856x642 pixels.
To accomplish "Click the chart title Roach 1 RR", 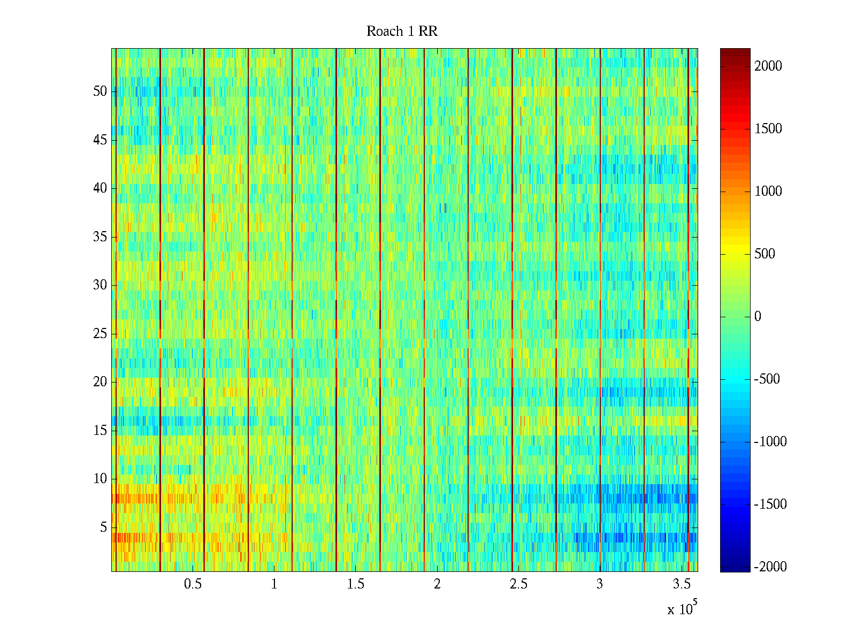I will pyautogui.click(x=402, y=32).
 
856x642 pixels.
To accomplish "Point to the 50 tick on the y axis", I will pyautogui.click(x=100, y=91).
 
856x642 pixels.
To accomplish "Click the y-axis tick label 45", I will pyautogui.click(x=100, y=140).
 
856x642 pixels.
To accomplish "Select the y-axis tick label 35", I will pyautogui.click(x=100, y=237).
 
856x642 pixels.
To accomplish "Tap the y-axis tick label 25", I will pyautogui.click(x=100, y=334).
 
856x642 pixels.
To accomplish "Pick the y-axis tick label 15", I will pyautogui.click(x=100, y=431).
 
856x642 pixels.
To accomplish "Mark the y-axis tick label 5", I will pyautogui.click(x=103, y=528).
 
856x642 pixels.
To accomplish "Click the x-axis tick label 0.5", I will pyautogui.click(x=193, y=584).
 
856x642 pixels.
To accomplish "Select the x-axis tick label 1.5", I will pyautogui.click(x=355, y=584).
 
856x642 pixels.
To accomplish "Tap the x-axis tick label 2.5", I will pyautogui.click(x=518, y=584).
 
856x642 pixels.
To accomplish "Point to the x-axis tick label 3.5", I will pyautogui.click(x=681, y=584).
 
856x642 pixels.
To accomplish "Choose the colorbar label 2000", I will pyautogui.click(x=768, y=66).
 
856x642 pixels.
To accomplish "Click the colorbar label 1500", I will pyautogui.click(x=768, y=129).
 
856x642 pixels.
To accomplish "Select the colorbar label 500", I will pyautogui.click(x=765, y=254).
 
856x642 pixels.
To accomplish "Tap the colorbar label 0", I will pyautogui.click(x=758, y=317).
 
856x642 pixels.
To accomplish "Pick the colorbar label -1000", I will pyautogui.click(x=770, y=442).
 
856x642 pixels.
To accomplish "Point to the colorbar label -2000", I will pyautogui.click(x=770, y=567).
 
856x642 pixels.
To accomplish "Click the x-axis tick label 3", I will pyautogui.click(x=600, y=584).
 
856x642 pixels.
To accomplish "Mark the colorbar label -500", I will pyautogui.click(x=767, y=379).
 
